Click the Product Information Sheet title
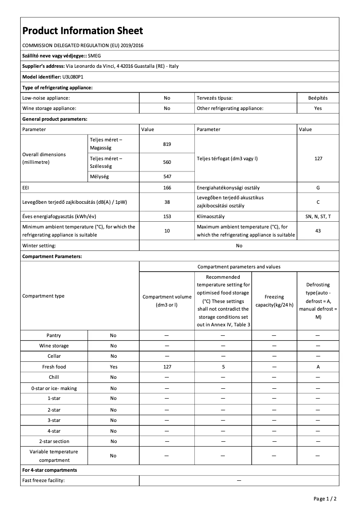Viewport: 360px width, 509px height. click(83, 31)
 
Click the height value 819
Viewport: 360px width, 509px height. click(167, 144)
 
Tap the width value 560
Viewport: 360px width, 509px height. click(167, 162)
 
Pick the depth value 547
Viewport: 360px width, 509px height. click(167, 177)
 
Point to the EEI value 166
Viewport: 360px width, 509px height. click(167, 188)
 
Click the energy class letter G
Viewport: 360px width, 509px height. click(318, 188)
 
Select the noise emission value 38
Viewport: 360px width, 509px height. click(167, 202)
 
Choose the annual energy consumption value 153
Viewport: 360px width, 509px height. click(167, 216)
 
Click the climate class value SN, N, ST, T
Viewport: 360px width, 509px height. click(318, 216)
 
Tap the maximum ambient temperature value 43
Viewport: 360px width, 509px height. click(318, 231)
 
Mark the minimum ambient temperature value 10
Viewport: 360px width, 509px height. click(167, 231)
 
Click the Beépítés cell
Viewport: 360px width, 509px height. click(318, 97)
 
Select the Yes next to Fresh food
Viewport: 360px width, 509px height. click(113, 367)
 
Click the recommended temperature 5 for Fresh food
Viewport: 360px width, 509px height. click(223, 367)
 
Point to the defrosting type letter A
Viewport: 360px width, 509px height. click(318, 367)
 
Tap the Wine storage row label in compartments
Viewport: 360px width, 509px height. click(54, 346)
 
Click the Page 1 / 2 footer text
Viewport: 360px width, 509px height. click(325, 499)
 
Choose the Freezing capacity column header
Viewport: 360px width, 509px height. click(274, 301)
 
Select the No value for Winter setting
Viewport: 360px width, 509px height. click(239, 246)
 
